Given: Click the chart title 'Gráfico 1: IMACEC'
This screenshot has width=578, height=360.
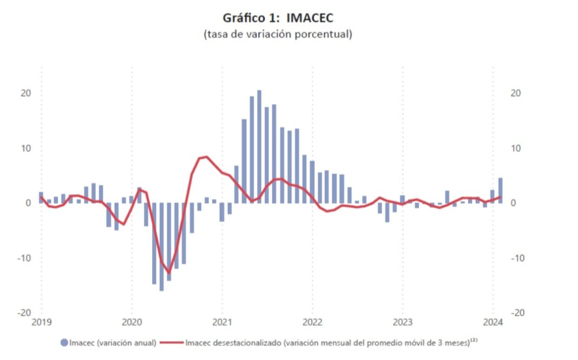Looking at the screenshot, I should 278,17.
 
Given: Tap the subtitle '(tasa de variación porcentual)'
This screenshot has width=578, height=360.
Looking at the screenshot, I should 278,34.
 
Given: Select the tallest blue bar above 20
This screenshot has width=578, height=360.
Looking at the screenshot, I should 259,146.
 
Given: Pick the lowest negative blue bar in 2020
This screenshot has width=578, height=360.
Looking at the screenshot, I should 161,246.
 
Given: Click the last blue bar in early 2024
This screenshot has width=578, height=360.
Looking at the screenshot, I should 500,190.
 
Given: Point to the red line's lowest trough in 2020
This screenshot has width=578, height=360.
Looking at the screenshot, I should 169,273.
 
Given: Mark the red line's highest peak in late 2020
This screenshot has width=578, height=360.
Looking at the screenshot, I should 206,156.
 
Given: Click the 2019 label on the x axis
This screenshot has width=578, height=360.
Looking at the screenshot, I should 42,323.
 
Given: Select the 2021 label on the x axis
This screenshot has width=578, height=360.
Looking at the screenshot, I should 222,323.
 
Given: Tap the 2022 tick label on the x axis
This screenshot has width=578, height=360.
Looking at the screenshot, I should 312,323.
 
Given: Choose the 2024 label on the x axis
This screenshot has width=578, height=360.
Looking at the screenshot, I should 492,323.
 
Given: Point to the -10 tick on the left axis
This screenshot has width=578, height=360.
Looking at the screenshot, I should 24,258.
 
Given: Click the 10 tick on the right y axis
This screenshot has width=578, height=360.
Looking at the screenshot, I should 516,148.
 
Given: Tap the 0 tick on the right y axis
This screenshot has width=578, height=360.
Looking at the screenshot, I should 514,203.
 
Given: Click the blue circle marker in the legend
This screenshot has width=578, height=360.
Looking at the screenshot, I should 64,343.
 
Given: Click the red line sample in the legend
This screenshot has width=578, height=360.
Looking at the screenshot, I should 173,343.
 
